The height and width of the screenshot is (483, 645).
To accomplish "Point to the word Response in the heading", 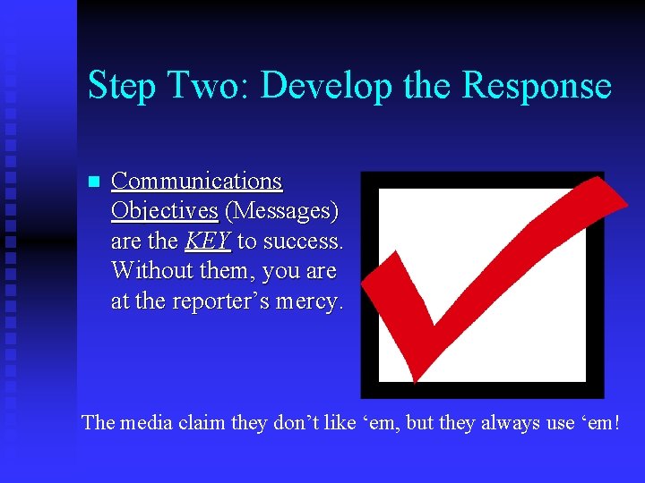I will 537,87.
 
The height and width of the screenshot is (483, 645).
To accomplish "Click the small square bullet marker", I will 92,182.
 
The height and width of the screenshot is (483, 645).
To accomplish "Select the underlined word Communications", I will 196,182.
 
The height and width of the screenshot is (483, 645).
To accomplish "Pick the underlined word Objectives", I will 164,211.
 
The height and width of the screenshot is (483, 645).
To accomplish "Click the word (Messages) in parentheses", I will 281,211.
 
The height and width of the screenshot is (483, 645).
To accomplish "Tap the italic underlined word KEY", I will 208,241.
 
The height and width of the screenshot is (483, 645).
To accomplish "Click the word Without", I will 149,271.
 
